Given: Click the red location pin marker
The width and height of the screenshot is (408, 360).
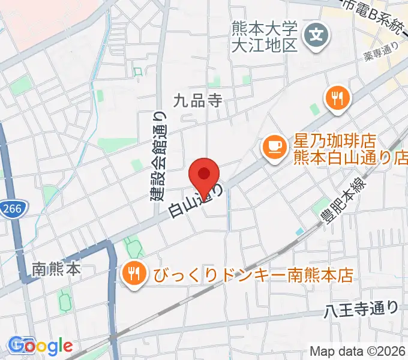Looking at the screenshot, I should (204, 173).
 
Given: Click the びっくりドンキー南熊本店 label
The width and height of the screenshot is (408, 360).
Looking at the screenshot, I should (252, 275).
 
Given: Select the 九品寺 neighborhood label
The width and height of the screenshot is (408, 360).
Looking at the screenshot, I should (197, 101).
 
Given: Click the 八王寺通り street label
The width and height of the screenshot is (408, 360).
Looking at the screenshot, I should (361, 310).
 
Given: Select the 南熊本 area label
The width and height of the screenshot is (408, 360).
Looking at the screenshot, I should (57, 269).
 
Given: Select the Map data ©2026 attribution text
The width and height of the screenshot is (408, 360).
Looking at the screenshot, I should (358, 351).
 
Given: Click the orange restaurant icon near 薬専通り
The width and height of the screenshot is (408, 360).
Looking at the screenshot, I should (336, 97).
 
